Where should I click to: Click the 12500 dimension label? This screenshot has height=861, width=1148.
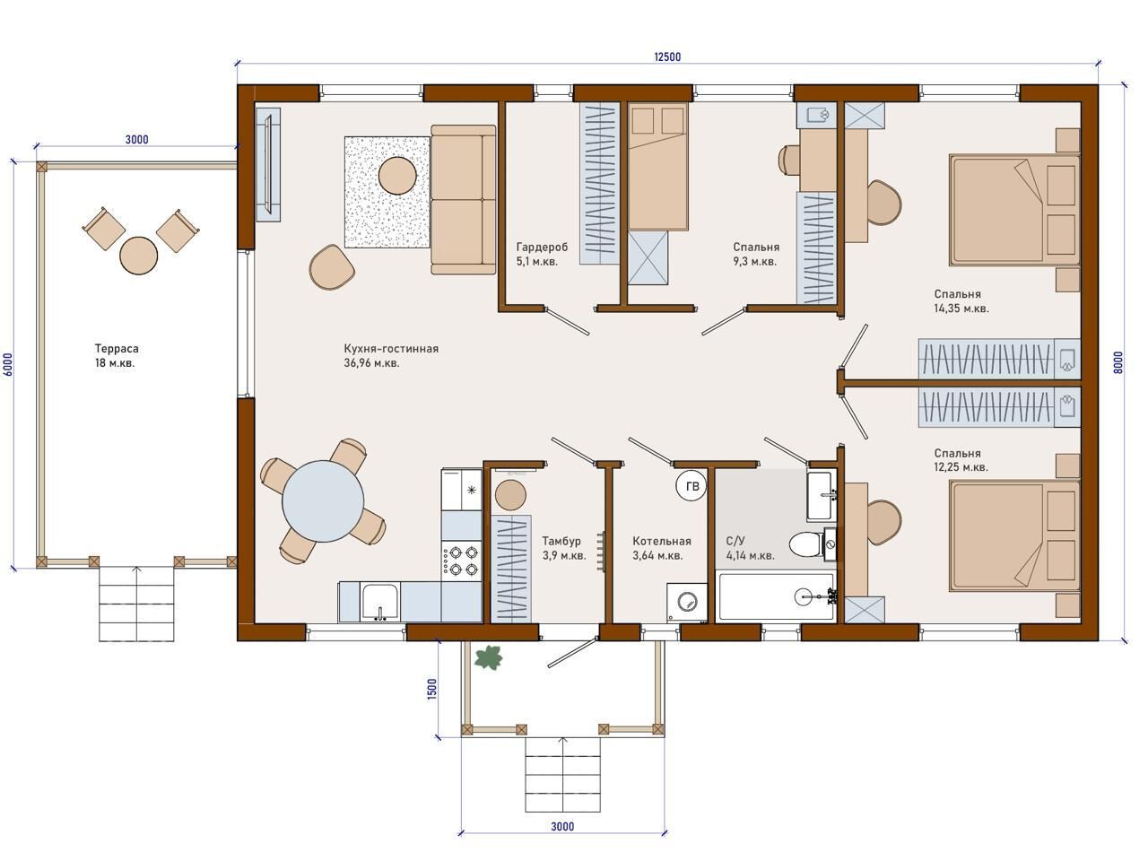tap(667, 57)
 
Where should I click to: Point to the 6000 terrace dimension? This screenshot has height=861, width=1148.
tap(8, 364)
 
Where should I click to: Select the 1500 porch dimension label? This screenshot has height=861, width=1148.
tap(431, 689)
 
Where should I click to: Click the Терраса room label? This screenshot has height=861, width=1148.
tap(117, 349)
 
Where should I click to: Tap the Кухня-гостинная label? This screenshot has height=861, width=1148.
tap(391, 349)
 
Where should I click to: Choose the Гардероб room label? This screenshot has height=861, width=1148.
tap(542, 247)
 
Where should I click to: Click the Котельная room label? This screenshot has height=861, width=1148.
tap(662, 541)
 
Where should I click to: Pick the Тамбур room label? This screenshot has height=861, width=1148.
tap(561, 541)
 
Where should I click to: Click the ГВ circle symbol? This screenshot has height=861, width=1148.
tap(691, 486)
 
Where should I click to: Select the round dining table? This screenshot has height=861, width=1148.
tap(323, 500)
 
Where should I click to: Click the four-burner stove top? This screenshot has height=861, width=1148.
tap(461, 561)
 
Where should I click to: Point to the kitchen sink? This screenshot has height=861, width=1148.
tap(380, 603)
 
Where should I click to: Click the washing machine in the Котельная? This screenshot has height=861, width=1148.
tap(686, 602)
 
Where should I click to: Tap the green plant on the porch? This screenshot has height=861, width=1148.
tap(488, 657)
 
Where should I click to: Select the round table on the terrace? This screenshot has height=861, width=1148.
tap(139, 256)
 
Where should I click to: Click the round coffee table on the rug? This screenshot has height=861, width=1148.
tap(397, 176)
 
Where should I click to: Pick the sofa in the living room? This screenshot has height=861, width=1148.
tap(464, 199)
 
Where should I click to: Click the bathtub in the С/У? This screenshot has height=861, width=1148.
tap(778, 596)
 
